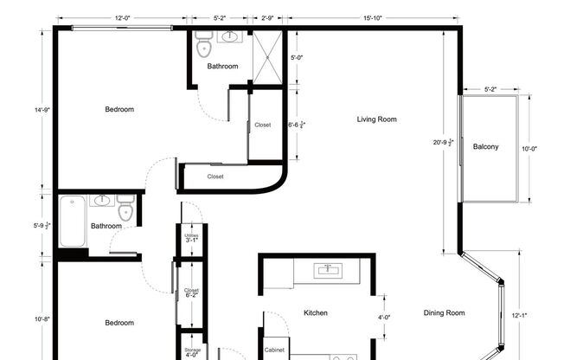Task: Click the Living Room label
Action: (376, 119)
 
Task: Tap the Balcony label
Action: (485, 146)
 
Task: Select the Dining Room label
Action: (444, 313)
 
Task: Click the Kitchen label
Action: (315, 313)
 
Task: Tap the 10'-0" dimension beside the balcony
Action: (529, 148)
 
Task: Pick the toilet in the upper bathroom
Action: (204, 41)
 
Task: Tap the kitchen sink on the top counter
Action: (327, 270)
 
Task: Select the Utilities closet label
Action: (192, 237)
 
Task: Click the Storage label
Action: (192, 351)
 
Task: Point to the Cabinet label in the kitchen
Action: (275, 350)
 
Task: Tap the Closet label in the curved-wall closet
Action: (215, 177)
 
